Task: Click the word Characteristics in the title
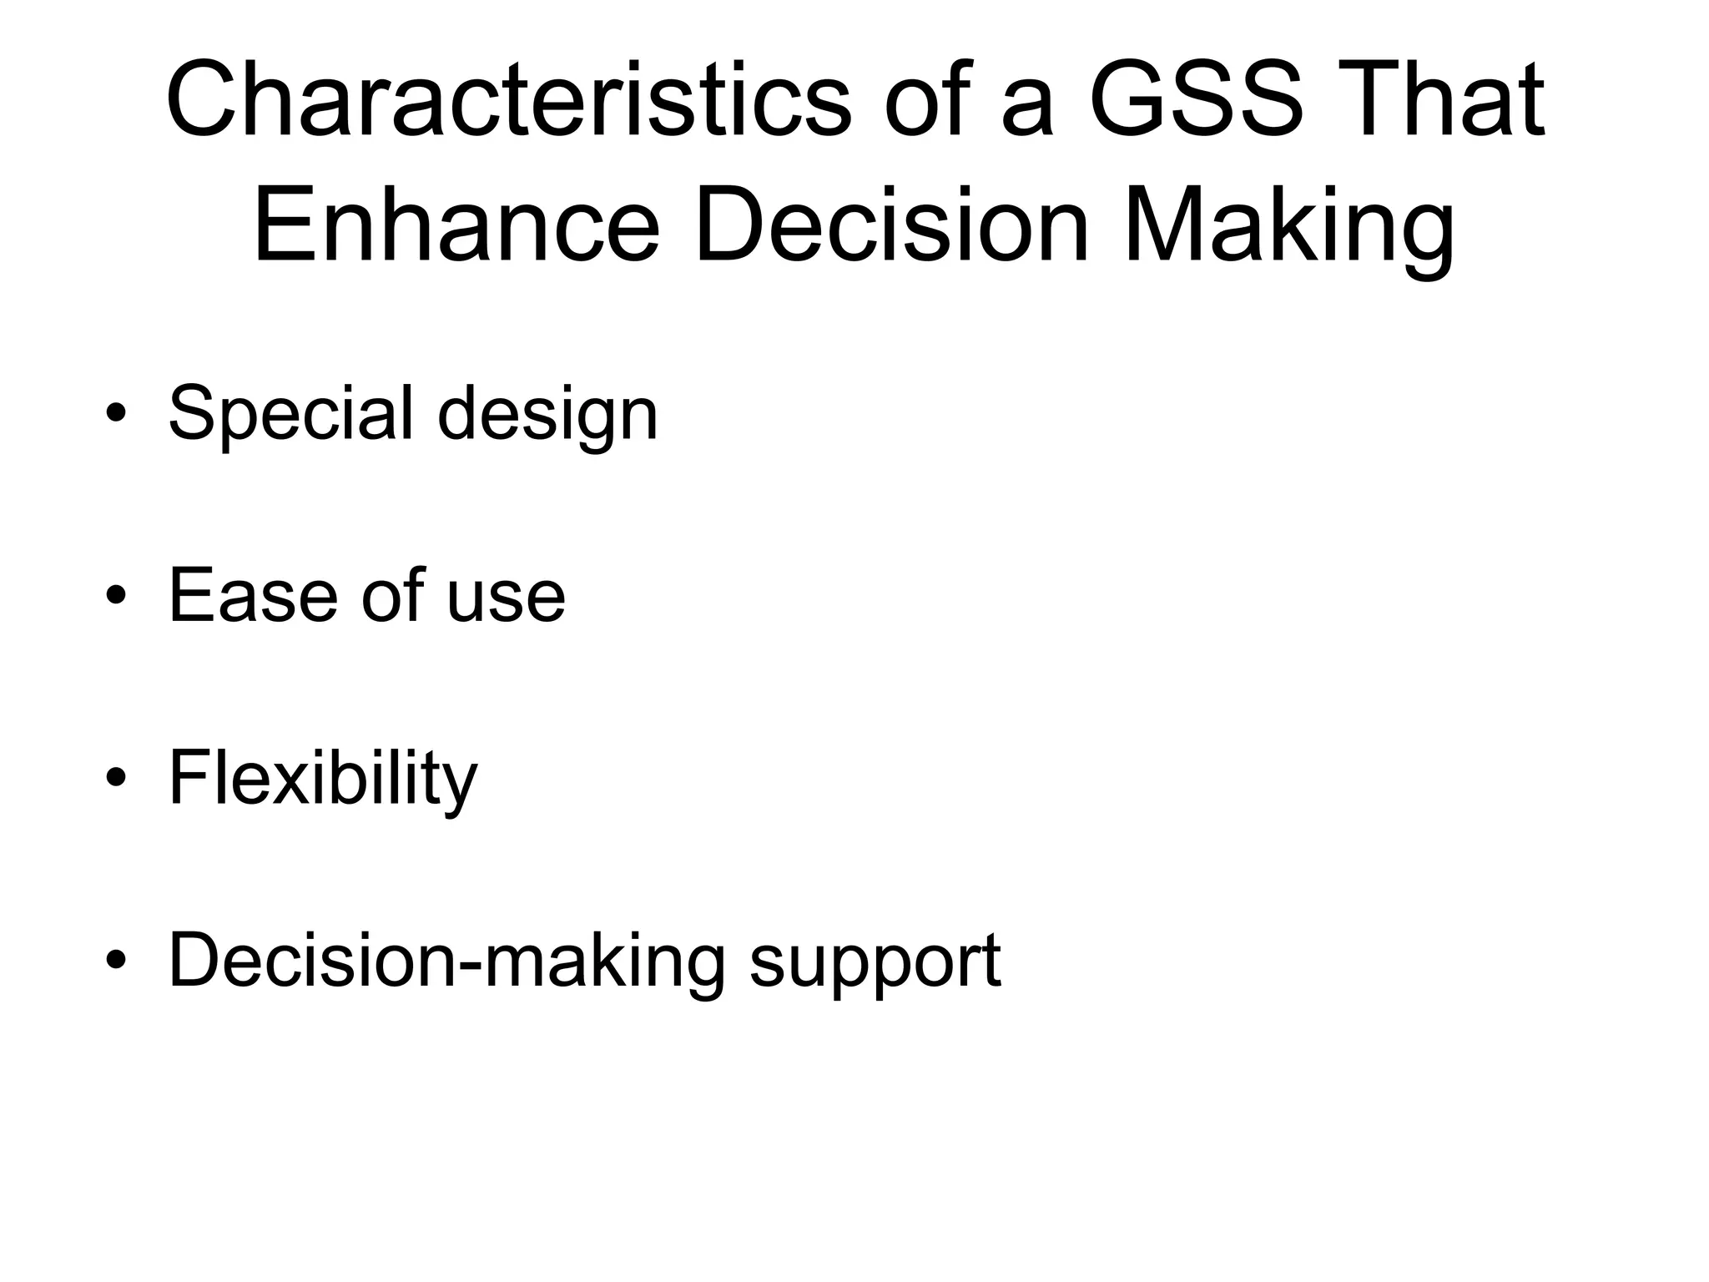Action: [509, 100]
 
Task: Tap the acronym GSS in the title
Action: [1196, 100]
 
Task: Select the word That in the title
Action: [1439, 100]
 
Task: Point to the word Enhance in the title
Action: [456, 225]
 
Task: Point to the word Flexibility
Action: [323, 780]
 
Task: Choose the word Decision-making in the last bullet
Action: [446, 962]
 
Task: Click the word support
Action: [875, 964]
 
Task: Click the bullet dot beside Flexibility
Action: [116, 778]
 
